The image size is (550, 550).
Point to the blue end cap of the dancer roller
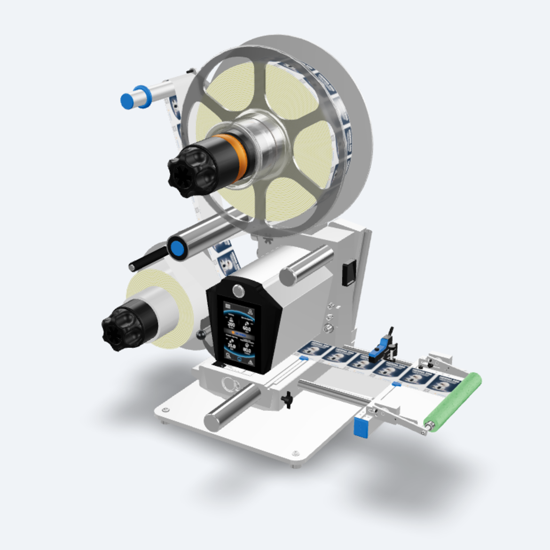coord(178,249)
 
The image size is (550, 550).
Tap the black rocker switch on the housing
coord(348,273)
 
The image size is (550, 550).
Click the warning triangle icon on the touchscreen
coord(250,363)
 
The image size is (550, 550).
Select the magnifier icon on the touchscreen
coord(228,356)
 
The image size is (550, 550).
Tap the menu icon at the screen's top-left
coord(229,305)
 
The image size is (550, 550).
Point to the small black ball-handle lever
coord(202,335)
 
